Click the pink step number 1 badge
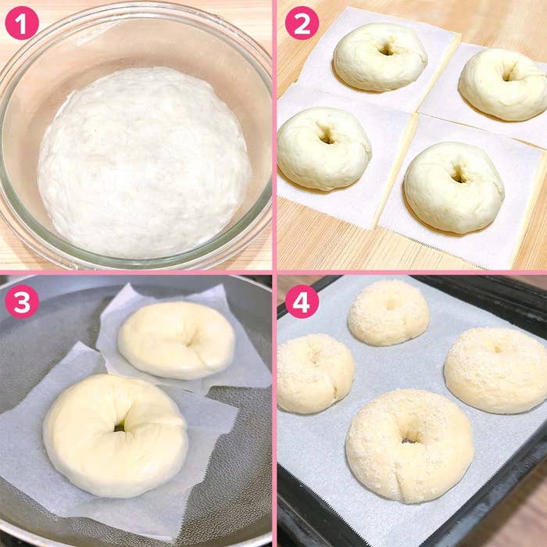pyautogui.click(x=22, y=23)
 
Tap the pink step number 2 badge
pyautogui.click(x=302, y=23)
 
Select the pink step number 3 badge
pyautogui.click(x=22, y=302)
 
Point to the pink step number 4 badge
pyautogui.click(x=302, y=302)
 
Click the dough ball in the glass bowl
pyautogui.click(x=144, y=163)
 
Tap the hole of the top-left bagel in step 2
pyautogui.click(x=386, y=50)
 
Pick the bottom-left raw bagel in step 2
pyautogui.click(x=324, y=149)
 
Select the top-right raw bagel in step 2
pyautogui.click(x=504, y=84)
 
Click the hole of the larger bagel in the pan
pyautogui.click(x=120, y=427)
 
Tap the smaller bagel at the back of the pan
pyautogui.click(x=176, y=341)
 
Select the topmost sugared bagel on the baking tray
pyautogui.click(x=388, y=313)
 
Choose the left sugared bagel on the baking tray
pyautogui.click(x=315, y=374)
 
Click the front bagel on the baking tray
pyautogui.click(x=410, y=446)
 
